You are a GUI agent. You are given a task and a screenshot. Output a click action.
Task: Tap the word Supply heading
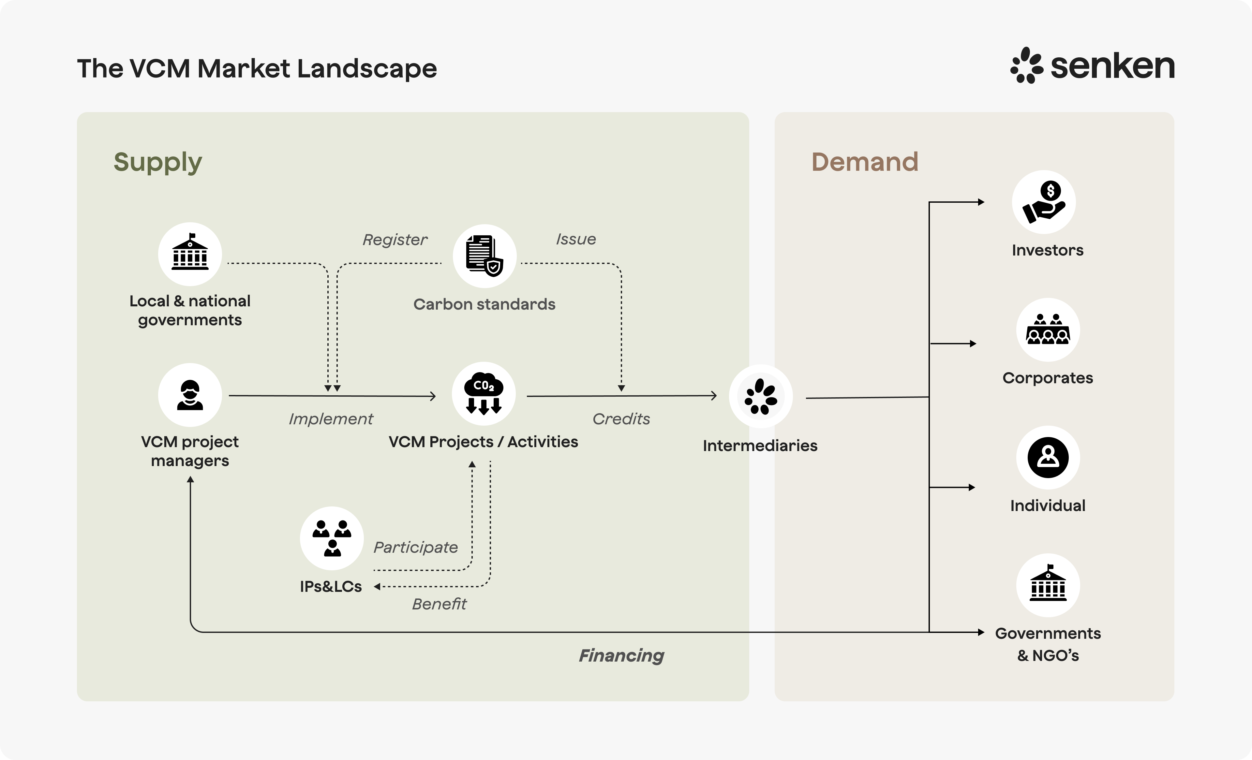pos(157,163)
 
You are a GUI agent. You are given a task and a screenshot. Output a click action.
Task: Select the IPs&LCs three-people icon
pos(332,538)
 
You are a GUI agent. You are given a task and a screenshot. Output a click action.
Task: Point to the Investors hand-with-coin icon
pos(1044,202)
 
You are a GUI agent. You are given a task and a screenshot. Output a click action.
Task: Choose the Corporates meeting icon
pos(1048,330)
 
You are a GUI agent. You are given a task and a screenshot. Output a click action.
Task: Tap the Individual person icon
pos(1048,457)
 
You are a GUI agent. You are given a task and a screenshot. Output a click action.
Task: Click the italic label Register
pos(395,239)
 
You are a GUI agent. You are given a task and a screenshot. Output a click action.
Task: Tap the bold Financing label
pos(621,655)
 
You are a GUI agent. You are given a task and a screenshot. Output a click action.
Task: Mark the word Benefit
pos(439,604)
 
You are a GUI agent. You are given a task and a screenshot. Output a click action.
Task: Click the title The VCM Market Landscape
pos(257,68)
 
